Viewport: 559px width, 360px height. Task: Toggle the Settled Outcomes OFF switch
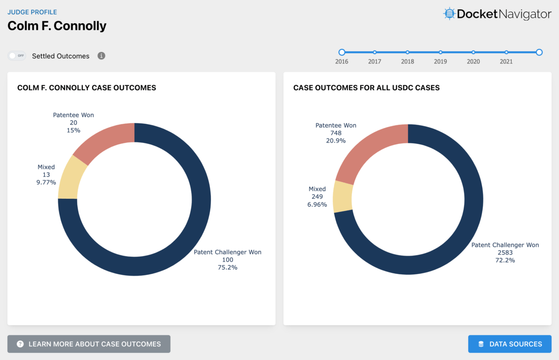click(16, 56)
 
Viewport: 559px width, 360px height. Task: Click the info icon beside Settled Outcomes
click(101, 56)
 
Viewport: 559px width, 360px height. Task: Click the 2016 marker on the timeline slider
click(342, 52)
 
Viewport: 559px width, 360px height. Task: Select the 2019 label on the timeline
click(440, 61)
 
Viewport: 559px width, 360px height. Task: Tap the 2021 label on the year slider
click(506, 61)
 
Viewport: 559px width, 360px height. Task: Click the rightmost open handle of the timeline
click(539, 52)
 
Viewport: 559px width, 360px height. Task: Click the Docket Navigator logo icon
click(449, 14)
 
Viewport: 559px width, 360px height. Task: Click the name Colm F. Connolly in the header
click(57, 26)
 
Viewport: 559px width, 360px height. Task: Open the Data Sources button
click(510, 344)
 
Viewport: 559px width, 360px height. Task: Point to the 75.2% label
click(227, 267)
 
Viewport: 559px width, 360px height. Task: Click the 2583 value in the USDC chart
click(505, 252)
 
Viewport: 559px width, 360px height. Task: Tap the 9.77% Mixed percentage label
click(46, 182)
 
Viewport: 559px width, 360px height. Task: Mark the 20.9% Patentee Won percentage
click(335, 140)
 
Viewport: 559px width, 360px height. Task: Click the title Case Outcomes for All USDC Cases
click(366, 88)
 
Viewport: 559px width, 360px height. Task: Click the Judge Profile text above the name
click(32, 12)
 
